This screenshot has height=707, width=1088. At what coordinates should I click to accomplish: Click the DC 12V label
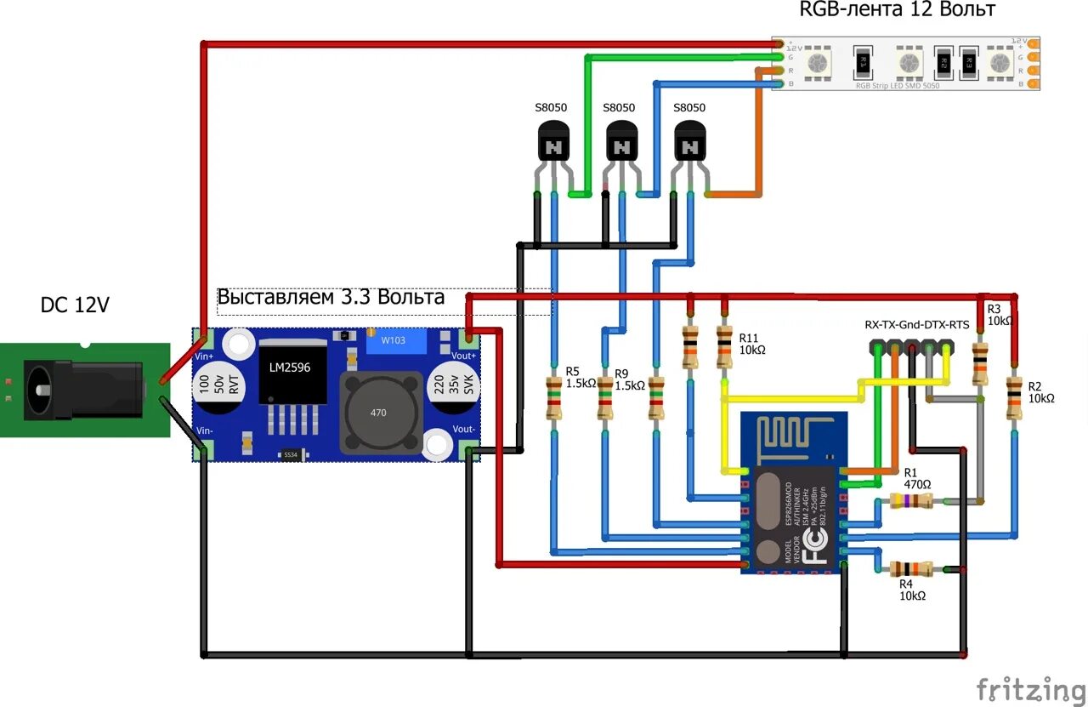(x=75, y=305)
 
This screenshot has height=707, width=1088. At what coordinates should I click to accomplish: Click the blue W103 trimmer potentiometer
(x=392, y=340)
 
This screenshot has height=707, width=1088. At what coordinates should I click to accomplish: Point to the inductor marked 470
(x=378, y=413)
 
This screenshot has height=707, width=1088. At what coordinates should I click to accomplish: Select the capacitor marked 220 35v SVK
(x=451, y=391)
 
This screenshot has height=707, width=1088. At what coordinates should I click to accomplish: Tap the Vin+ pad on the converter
(x=204, y=339)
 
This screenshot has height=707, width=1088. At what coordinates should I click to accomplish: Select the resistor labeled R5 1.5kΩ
(x=553, y=400)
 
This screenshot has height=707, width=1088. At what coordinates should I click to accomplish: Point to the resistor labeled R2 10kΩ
(x=1014, y=398)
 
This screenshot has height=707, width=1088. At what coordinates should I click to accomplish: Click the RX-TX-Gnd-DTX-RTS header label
(x=916, y=324)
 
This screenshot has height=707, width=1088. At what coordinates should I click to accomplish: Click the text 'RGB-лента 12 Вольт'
(x=897, y=10)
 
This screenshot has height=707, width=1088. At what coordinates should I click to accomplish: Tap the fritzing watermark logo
(x=1029, y=687)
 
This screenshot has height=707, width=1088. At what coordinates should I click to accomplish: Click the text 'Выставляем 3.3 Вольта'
(x=331, y=297)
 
